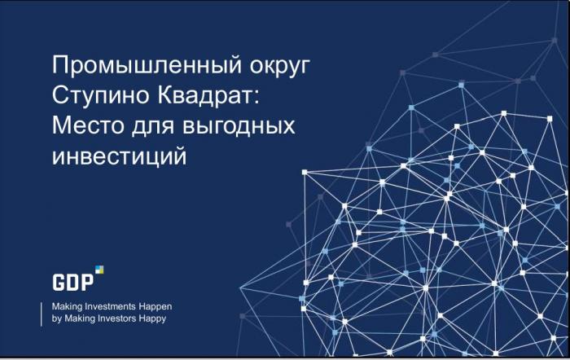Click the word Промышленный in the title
click(147, 66)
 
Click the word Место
click(88, 125)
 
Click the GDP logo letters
click(73, 283)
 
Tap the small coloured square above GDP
click(99, 270)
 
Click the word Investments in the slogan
click(112, 306)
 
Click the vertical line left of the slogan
click(41, 314)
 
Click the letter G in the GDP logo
click(59, 283)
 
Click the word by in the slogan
click(56, 319)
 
